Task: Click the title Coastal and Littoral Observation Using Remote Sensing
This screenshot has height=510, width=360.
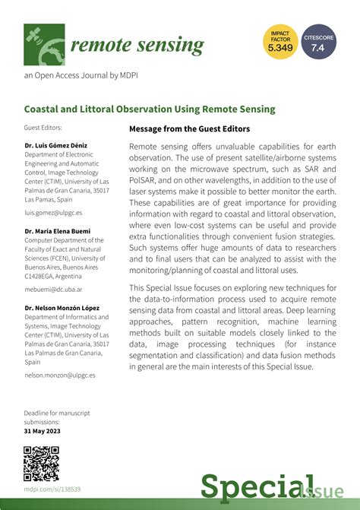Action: tap(150, 109)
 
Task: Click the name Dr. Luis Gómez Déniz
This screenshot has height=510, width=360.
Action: tap(57, 144)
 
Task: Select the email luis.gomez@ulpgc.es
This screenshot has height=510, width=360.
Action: tap(53, 214)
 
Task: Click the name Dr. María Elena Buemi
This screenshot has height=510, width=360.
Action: tap(58, 230)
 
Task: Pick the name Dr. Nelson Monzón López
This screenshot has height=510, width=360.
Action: tap(62, 307)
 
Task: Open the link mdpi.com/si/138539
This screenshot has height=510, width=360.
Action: tap(52, 490)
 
